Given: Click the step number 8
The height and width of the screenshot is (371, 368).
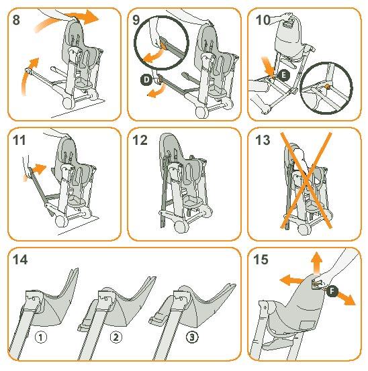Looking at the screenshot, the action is pyautogui.click(x=16, y=19).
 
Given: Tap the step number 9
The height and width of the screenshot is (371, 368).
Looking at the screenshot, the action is pyautogui.click(x=136, y=19).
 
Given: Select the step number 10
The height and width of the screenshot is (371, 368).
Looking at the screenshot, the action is pyautogui.click(x=263, y=20).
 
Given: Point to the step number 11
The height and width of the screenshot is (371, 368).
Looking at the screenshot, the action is pyautogui.click(x=19, y=140).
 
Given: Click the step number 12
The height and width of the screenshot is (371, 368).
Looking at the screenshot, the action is pyautogui.click(x=140, y=140).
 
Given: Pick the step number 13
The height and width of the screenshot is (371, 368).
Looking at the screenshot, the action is pyautogui.click(x=263, y=140).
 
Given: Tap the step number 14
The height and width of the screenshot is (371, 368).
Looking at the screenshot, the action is pyautogui.click(x=20, y=260).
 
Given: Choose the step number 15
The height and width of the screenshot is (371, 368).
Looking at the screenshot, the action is pyautogui.click(x=261, y=260).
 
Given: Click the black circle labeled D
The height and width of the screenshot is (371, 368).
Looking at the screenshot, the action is pyautogui.click(x=146, y=79).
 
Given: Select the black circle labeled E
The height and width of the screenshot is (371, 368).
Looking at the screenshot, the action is pyautogui.click(x=283, y=75).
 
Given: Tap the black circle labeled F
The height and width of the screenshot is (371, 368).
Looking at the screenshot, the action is pyautogui.click(x=332, y=291).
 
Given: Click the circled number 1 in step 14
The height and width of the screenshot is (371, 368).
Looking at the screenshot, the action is pyautogui.click(x=41, y=337).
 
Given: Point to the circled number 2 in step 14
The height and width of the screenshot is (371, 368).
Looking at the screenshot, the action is pyautogui.click(x=116, y=337).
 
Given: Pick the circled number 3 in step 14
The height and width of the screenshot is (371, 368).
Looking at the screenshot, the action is pyautogui.click(x=192, y=337).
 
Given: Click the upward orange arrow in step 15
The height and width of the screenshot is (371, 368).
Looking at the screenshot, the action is pyautogui.click(x=316, y=264).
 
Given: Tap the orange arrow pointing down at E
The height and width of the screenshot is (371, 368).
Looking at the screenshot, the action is pyautogui.click(x=267, y=66).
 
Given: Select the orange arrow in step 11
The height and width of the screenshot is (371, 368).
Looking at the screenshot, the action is pyautogui.click(x=36, y=171).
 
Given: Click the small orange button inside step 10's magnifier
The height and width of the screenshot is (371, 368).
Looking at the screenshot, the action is pyautogui.click(x=327, y=86).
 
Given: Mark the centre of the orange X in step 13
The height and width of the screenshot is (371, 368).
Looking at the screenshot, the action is pyautogui.click(x=306, y=181).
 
